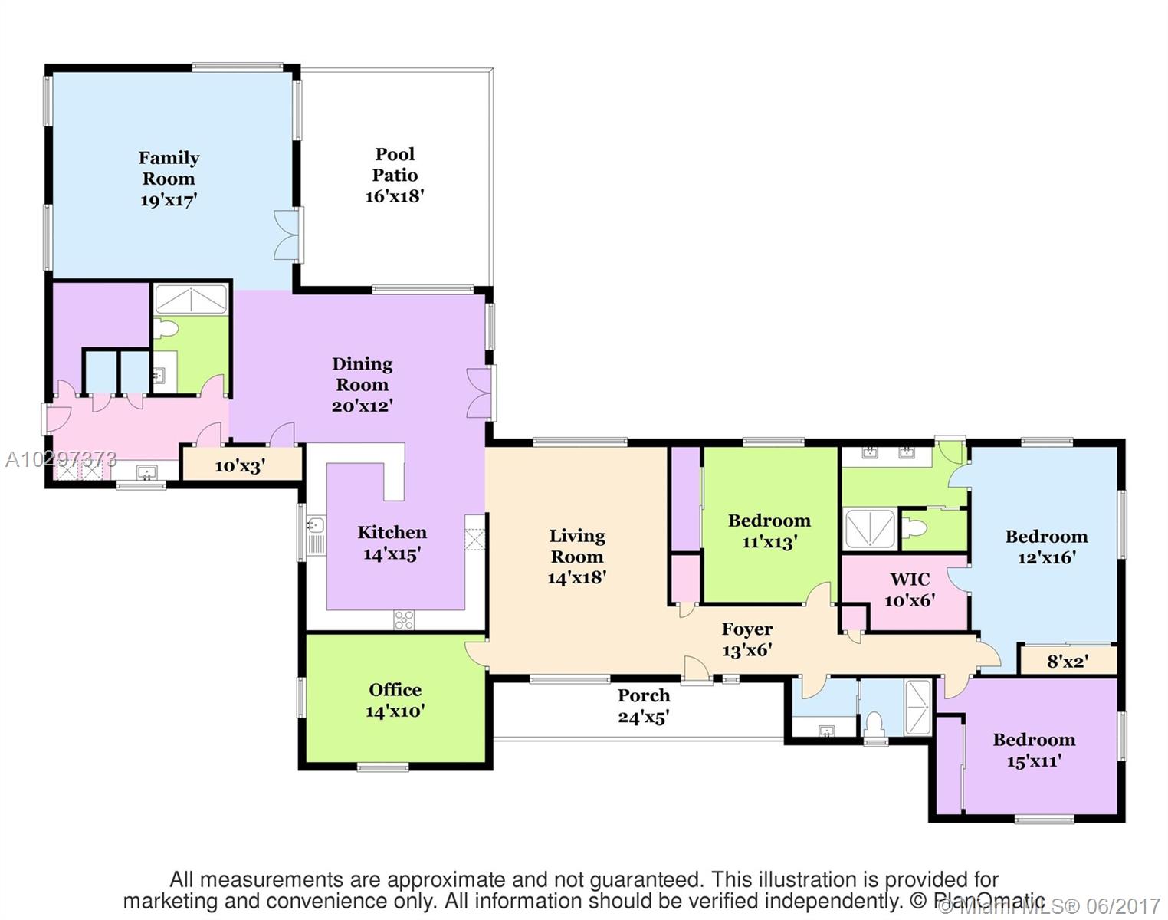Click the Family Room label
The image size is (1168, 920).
[x=169, y=169]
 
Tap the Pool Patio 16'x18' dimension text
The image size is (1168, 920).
[x=395, y=196]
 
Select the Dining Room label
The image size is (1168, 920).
[x=362, y=374]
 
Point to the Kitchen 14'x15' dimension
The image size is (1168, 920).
[x=392, y=554]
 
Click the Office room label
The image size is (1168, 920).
[x=395, y=690]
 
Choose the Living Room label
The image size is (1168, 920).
[x=577, y=547]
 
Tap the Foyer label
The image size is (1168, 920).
[x=747, y=629]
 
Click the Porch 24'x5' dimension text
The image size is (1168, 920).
[x=644, y=718]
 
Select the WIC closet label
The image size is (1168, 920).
[x=910, y=580]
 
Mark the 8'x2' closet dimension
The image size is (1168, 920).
[x=1068, y=661]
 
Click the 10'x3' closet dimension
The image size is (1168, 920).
[x=240, y=465]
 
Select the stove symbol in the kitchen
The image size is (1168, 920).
[x=404, y=619]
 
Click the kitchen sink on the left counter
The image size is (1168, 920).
[x=316, y=526]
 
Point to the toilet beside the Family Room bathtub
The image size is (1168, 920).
[x=166, y=330]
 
